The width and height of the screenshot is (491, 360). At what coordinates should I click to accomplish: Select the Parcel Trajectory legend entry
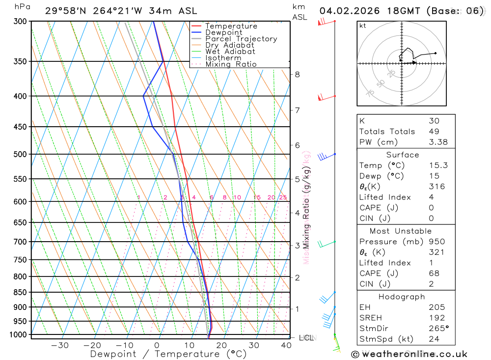point(241,39)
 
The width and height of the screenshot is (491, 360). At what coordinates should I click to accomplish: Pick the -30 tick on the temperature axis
point(60,345)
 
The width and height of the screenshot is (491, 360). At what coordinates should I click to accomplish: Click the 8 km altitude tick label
point(297,75)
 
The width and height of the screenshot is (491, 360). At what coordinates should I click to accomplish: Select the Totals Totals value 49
point(434,131)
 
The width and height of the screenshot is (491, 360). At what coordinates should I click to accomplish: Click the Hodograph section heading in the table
point(402,297)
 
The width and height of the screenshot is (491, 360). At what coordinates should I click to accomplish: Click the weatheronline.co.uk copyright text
point(409,354)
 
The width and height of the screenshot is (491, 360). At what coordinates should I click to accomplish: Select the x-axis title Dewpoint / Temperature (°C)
point(168,354)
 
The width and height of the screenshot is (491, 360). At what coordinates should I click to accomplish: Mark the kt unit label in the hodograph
point(362,26)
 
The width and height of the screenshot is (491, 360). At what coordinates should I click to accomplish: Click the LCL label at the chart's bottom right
point(305,338)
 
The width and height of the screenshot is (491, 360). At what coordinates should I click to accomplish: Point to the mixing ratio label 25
point(283,197)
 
